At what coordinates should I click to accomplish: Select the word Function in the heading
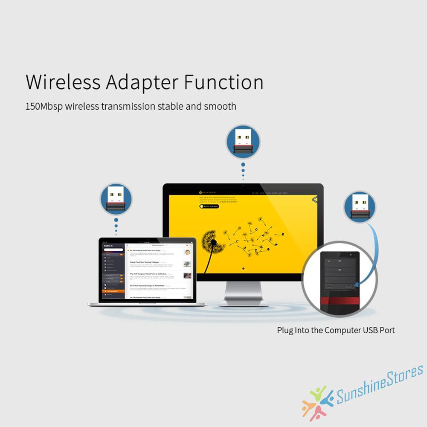224,82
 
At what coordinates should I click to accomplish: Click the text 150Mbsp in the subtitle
44,106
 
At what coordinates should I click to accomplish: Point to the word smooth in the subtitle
220,106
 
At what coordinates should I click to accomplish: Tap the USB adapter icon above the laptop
116,199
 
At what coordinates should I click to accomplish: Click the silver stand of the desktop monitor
243,294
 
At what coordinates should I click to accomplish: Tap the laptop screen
148,271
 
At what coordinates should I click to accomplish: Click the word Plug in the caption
285,330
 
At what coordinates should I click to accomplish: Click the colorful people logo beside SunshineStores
317,401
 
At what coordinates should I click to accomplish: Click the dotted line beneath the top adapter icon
243,171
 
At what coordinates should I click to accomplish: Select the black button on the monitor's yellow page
209,206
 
